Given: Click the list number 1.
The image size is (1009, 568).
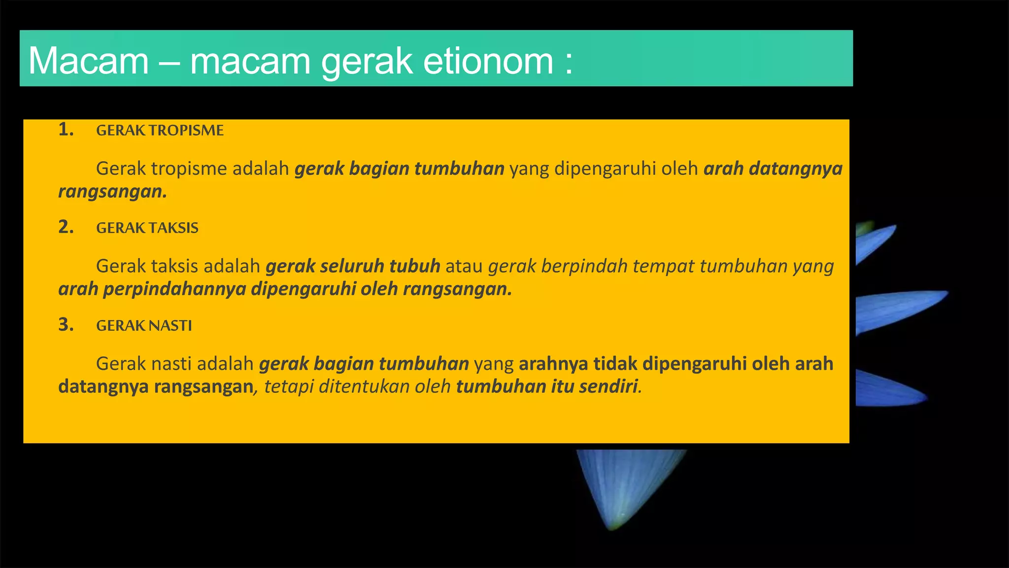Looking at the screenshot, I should [x=66, y=130].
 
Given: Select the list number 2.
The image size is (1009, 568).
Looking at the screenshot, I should [x=66, y=227].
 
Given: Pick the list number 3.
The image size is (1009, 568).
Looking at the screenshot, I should [x=66, y=325].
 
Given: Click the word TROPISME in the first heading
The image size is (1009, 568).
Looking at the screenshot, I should [x=186, y=131].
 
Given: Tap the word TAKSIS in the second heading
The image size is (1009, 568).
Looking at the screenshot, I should [x=173, y=228].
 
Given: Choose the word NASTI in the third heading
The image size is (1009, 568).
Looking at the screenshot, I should [x=170, y=326].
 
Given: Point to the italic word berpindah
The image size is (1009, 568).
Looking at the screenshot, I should [x=584, y=266].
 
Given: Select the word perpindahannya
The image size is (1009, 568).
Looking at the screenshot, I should [x=174, y=289].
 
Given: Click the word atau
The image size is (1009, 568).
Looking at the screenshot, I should [x=464, y=266].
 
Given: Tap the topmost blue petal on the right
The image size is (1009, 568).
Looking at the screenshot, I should [x=874, y=242].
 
